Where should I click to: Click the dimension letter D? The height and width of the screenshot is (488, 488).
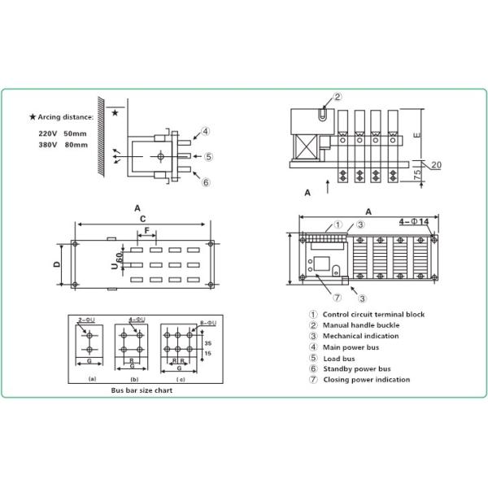coord(57,264)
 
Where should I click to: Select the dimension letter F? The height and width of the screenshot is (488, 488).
coord(146,231)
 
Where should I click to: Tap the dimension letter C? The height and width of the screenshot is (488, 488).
coord(142,218)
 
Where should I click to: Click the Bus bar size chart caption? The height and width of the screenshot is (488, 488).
coord(141,390)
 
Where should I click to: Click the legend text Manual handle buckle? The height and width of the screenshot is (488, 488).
coord(360,325)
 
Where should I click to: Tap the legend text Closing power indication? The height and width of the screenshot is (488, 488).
coord(366,379)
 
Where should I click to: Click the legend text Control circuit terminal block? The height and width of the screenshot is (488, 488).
coord(373,315)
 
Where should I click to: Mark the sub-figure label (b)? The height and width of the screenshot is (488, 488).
coord(134,378)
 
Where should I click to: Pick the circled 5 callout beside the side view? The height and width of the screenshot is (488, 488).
coord(208,156)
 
